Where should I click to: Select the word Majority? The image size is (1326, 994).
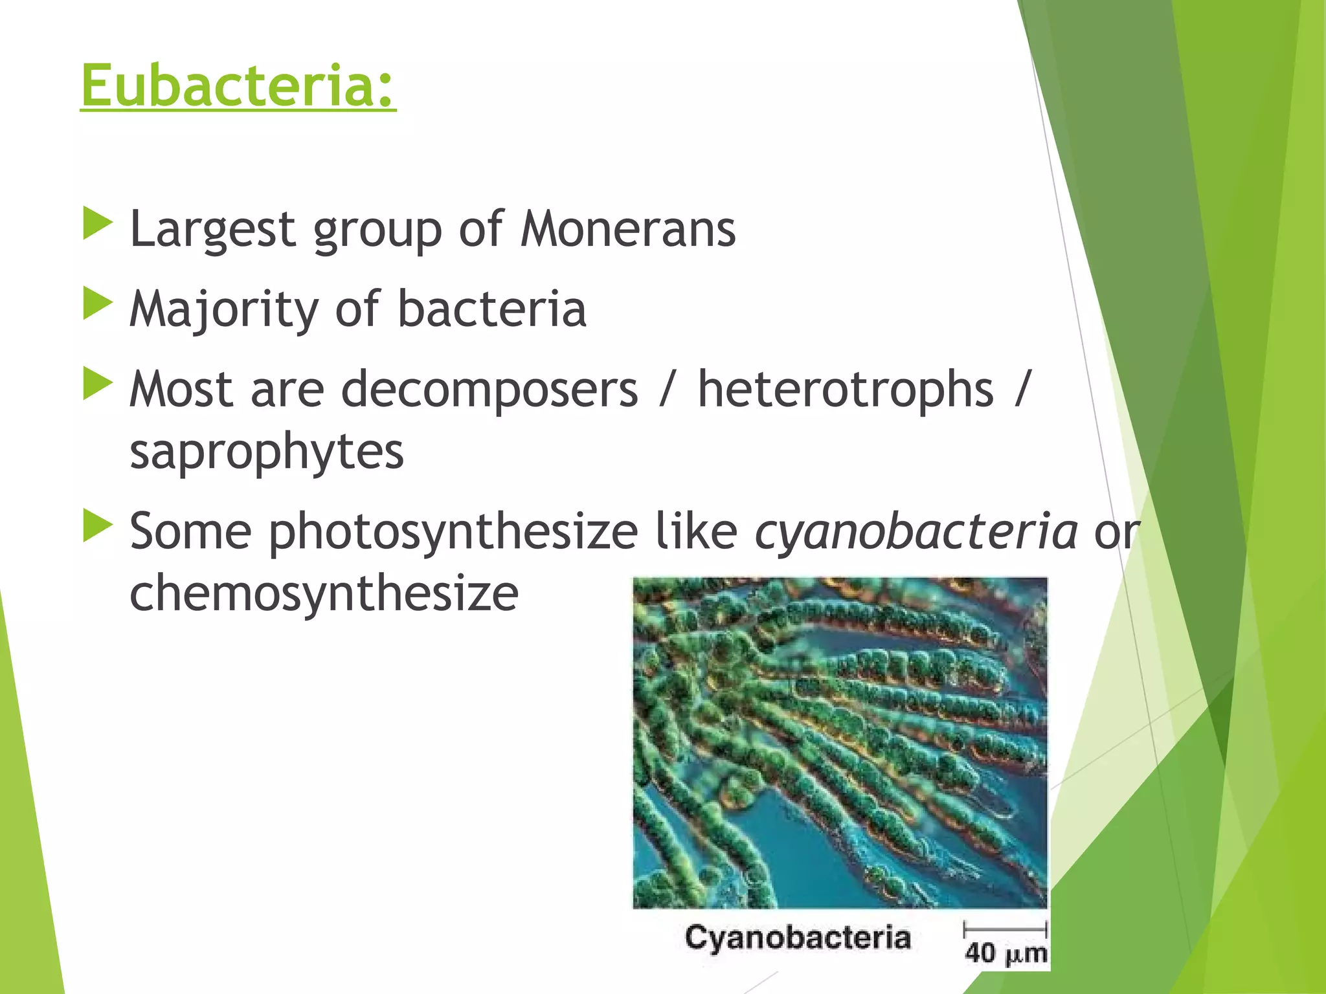tap(223, 309)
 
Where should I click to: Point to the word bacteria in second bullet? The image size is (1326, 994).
tap(491, 309)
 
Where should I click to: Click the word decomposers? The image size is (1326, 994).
tap(489, 390)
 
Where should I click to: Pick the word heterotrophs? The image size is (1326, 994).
tap(845, 390)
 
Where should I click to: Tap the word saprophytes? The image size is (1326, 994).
tap(267, 452)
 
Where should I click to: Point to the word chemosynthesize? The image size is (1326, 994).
tap(324, 593)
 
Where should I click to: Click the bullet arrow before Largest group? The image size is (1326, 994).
tap(98, 224)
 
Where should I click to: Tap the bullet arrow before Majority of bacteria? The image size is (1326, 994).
tap(98, 304)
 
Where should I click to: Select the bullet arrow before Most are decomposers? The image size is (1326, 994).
tap(98, 384)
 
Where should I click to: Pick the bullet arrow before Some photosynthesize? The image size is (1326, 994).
tap(98, 525)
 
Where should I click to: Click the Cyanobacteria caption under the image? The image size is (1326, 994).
tap(798, 938)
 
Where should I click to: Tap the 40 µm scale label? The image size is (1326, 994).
tap(1006, 953)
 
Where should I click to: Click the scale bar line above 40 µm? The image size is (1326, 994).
tap(1006, 929)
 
